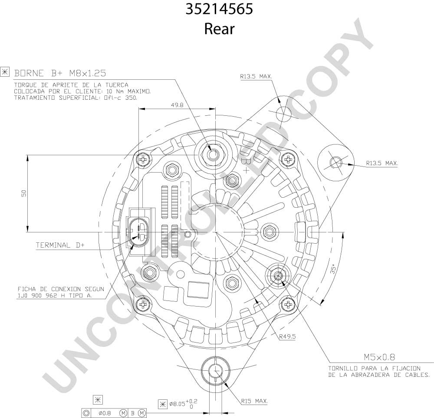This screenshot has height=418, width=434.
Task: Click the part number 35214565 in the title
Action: [219, 9]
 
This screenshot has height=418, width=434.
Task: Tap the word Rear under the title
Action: [219, 29]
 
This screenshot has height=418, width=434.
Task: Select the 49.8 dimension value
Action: [177, 105]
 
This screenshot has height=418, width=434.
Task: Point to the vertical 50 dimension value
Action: [24, 193]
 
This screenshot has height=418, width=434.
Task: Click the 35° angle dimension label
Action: [333, 268]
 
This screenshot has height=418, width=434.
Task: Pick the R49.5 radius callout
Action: [287, 336]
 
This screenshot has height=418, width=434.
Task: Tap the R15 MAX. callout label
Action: [254, 401]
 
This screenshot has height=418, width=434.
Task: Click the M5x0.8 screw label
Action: [379, 357]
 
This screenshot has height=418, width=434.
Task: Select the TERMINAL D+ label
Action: [60, 245]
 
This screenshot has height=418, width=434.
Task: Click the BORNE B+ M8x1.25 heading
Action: [60, 73]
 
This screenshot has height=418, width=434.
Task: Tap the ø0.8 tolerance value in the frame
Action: [105, 413]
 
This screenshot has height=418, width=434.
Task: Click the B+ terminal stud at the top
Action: [212, 154]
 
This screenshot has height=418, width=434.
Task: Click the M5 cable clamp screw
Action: [278, 275]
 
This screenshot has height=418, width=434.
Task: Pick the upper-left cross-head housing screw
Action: [143, 159]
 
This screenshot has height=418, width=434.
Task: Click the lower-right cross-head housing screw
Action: [288, 305]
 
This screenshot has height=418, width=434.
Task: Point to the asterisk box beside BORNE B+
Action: [5, 72]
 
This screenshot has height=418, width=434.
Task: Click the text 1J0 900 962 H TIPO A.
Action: [55, 296]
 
